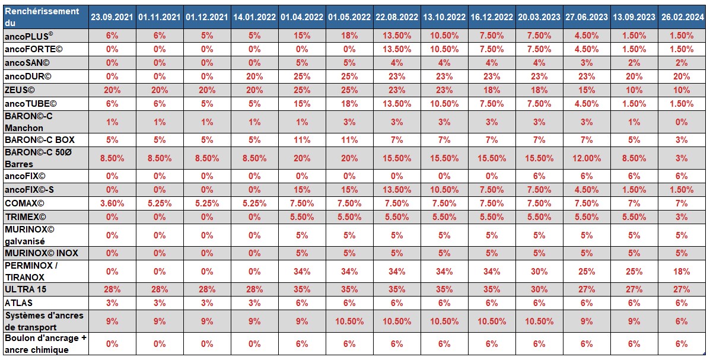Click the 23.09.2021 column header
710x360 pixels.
tap(112, 17)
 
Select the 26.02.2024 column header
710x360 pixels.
tap(682, 17)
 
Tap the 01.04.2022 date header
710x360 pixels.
tap(302, 17)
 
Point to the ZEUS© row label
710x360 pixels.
tap(20, 90)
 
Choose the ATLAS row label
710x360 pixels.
tap(19, 303)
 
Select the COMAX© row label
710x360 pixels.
tap(24, 203)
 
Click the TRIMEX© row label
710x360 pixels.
tap(26, 216)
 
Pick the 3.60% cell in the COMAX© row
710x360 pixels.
tap(112, 203)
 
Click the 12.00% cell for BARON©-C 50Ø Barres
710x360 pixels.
tap(587, 158)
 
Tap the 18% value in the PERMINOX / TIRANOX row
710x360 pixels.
tap(682, 272)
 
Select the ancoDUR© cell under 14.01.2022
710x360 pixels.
tap(254, 77)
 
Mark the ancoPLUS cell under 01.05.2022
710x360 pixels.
tap(349, 36)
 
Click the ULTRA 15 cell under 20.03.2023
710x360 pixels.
tap(539, 289)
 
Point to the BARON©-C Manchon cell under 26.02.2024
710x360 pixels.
tap(682, 122)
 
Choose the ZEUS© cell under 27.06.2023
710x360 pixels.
tap(587, 90)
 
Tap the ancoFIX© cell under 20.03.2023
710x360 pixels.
tap(539, 176)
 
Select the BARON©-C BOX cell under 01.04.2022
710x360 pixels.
tap(302, 141)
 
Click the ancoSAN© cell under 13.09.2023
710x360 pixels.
tap(634, 63)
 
